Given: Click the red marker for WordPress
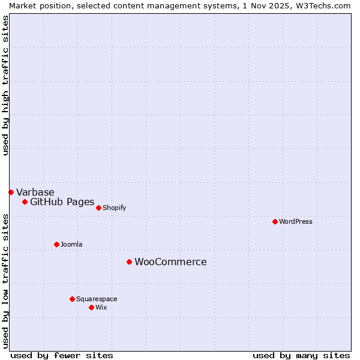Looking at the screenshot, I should (275, 221).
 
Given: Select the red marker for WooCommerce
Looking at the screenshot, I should (129, 262).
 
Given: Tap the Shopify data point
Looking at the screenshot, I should (98, 208).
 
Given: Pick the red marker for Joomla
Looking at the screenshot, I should (56, 244).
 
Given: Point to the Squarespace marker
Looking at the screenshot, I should (72, 299).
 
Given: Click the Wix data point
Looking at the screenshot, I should (91, 307).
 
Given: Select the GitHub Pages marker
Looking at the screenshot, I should (25, 202).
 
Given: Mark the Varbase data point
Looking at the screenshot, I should (11, 192).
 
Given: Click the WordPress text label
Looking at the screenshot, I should (296, 221).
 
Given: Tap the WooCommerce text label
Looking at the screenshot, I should (170, 262).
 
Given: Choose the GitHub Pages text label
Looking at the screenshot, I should (62, 202).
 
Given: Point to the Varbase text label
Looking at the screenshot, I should (35, 192).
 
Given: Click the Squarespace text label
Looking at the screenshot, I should (97, 299).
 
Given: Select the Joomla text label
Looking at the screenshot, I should (71, 244).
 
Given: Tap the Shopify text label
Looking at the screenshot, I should (114, 208).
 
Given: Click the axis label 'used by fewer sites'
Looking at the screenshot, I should (61, 355).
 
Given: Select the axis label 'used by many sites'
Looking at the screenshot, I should (301, 355).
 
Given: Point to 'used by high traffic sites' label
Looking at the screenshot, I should (5, 85).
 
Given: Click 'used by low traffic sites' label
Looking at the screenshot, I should (5, 281).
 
